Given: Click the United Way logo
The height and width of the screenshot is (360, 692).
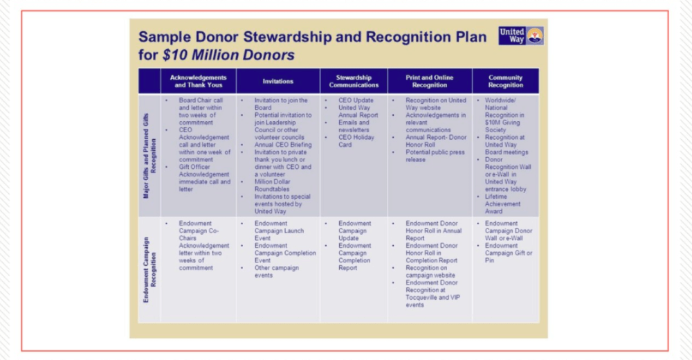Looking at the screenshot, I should [520, 36].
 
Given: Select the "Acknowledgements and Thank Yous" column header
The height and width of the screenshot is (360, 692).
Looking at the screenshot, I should [199, 81].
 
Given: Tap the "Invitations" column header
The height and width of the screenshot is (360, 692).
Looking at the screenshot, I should [277, 81].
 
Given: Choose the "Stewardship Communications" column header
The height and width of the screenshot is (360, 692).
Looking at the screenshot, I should [354, 81].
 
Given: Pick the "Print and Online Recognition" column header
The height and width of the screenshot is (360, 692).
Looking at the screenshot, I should [429, 81].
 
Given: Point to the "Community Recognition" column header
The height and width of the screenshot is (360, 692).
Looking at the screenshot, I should [505, 81].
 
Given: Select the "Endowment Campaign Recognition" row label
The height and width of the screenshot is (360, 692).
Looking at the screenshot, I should [149, 269].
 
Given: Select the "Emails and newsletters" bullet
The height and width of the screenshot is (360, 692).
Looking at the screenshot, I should [354, 126].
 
